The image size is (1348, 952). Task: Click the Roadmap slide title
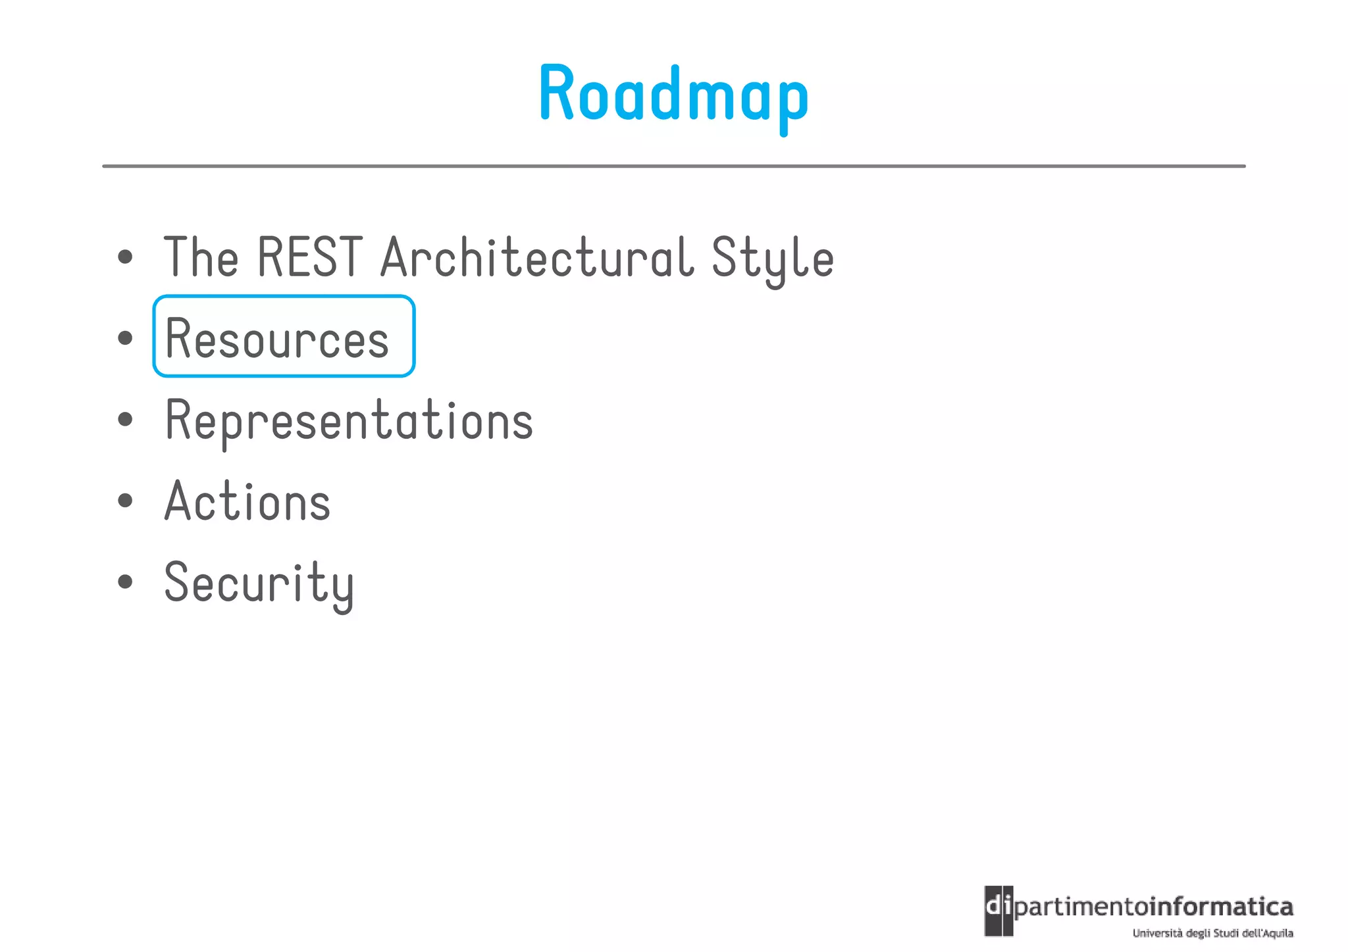point(673,95)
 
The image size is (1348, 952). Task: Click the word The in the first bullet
point(201,257)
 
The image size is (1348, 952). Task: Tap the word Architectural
point(537,257)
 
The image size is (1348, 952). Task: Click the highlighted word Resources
point(277,339)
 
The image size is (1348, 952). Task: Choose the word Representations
point(349,420)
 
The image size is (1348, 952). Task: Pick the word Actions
point(247,501)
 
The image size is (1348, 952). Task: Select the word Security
point(259,584)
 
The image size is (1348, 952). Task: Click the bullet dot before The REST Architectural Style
point(125,257)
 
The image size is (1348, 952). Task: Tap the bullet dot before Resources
point(125,338)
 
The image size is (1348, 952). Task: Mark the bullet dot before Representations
point(125,420)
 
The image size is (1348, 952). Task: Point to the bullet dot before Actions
point(125,501)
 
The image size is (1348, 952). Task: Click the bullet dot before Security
point(125,582)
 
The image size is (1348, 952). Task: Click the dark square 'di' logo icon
point(998,911)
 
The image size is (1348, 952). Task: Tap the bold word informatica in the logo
point(1222,907)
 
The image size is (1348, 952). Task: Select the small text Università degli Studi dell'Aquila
point(1212,933)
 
